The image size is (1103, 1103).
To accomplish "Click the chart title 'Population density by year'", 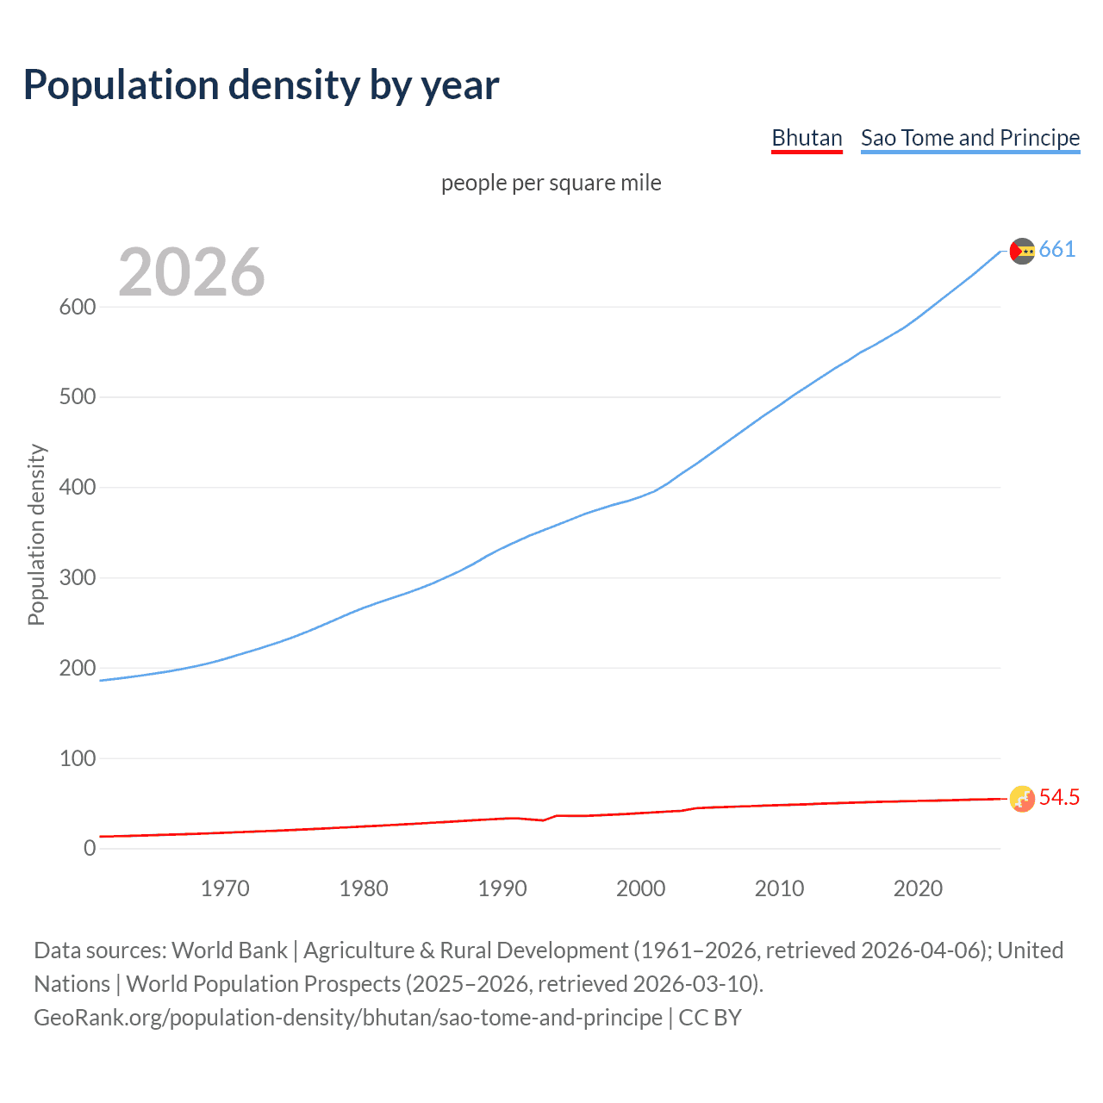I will (x=261, y=84).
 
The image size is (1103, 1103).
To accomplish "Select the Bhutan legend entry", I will (x=807, y=138).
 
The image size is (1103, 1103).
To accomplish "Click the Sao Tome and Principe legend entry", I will (x=970, y=138).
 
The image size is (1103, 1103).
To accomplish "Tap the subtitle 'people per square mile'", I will (x=551, y=183).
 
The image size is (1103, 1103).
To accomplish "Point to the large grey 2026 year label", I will (x=191, y=272).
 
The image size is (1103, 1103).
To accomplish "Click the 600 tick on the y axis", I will (x=78, y=307).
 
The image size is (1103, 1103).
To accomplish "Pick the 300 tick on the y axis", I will (x=78, y=577).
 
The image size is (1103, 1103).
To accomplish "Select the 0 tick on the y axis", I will (x=90, y=848).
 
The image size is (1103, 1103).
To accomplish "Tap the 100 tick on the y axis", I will (x=78, y=758).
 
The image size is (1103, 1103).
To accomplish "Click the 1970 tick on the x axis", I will (x=225, y=888).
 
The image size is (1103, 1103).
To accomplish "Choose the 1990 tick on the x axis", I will (x=502, y=888).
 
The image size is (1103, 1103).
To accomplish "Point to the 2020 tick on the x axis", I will (x=918, y=888).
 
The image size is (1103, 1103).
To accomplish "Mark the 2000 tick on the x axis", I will (x=641, y=888).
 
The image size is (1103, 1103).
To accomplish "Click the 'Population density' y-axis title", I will (x=36, y=534).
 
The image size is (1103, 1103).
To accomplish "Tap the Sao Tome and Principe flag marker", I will (x=1022, y=251).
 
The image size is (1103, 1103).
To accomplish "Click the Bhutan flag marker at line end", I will (x=1022, y=799).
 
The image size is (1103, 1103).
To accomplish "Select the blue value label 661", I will (x=1057, y=250).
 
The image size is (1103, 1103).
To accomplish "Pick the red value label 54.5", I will (x=1059, y=798).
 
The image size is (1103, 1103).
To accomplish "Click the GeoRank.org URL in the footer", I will (x=348, y=1018).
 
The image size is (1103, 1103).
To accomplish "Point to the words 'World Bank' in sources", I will (x=229, y=950).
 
